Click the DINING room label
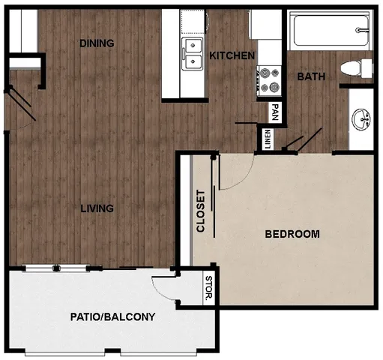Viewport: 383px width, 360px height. click(x=97, y=43)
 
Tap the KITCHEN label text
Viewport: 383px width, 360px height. click(x=232, y=56)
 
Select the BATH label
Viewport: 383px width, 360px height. click(x=310, y=76)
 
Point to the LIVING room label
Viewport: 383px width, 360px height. click(x=97, y=208)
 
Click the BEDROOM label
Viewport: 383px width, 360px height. click(x=292, y=234)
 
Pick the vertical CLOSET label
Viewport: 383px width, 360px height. click(x=201, y=211)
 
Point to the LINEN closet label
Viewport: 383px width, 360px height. click(x=268, y=139)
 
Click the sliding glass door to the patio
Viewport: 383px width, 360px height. click(x=71, y=268)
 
